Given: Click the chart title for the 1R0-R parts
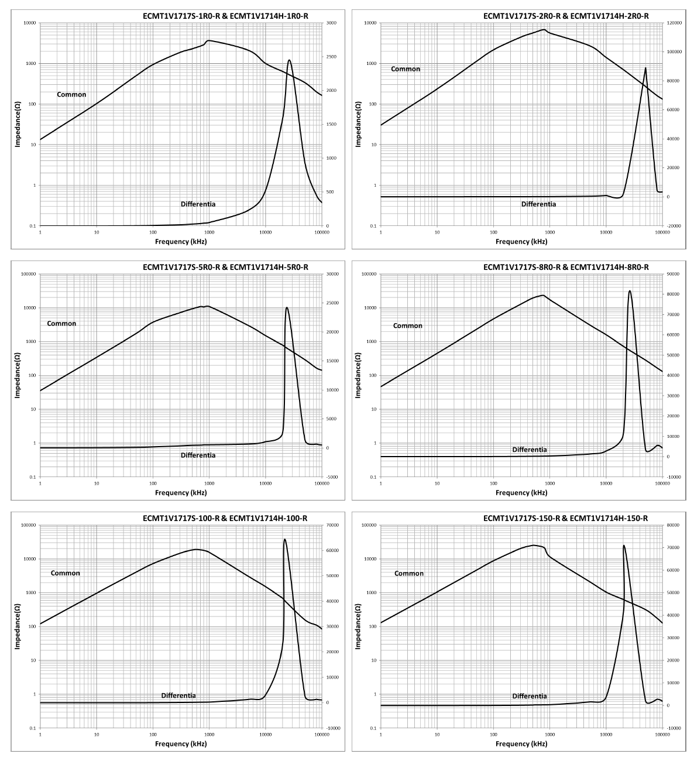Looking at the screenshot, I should [x=225, y=16].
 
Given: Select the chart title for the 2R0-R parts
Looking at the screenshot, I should [x=566, y=16].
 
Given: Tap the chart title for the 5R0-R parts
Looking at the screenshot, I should [x=225, y=267].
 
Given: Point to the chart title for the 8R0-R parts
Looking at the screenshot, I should [x=566, y=267].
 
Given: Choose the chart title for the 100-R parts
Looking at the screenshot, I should [x=225, y=518].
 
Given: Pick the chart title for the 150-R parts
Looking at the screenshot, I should [x=566, y=518].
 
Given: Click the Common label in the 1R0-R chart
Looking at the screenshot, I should [x=71, y=94].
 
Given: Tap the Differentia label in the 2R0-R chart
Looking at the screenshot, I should [x=538, y=204].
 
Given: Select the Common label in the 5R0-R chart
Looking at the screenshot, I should [x=61, y=323].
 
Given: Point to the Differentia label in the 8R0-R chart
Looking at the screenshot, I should [x=530, y=450].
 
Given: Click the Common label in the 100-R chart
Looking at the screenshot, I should [x=65, y=573].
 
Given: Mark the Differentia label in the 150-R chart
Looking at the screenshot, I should [x=530, y=696].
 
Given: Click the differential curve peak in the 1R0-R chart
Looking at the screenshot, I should [x=289, y=60].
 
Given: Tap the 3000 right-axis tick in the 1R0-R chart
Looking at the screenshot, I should [x=331, y=23].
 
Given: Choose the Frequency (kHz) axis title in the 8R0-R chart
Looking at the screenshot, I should [x=521, y=492].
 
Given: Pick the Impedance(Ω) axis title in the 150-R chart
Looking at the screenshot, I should [x=358, y=627].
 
